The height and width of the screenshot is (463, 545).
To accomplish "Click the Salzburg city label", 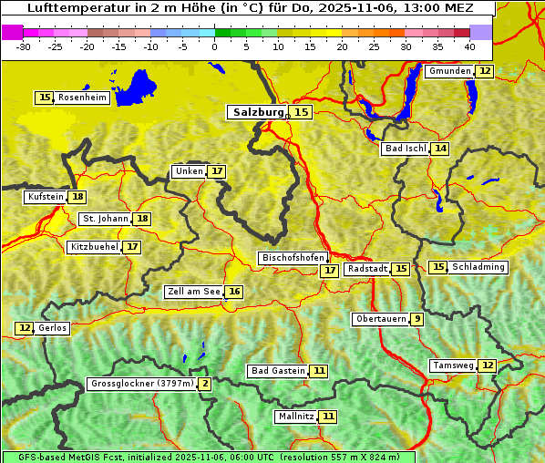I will [256, 112].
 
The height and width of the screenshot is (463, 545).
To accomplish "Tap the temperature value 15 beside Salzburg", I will [301, 112].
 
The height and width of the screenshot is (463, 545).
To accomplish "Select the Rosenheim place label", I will [82, 98].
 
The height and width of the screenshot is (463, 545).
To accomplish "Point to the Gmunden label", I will [449, 71].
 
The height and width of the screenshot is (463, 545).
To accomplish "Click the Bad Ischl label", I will [406, 149].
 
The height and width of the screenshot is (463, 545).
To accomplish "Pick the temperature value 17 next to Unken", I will [216, 171].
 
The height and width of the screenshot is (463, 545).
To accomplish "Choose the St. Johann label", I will [103, 219].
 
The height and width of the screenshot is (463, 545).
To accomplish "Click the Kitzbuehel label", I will [94, 247].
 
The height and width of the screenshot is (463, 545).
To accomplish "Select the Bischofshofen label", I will [293, 259].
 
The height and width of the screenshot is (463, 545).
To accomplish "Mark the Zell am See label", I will [193, 292].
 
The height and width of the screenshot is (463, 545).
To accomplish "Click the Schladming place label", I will [478, 267].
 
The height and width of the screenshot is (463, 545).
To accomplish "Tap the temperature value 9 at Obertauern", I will [416, 319].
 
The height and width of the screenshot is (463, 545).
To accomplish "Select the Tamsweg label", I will [453, 365].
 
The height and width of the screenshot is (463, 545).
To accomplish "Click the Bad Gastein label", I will [278, 371].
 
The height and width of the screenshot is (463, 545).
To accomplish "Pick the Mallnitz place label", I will [296, 417].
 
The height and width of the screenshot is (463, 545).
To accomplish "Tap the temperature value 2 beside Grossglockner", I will [205, 384].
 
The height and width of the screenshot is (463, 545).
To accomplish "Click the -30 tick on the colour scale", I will [24, 46].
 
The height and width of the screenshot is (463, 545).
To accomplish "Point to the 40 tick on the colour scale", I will [469, 46].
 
